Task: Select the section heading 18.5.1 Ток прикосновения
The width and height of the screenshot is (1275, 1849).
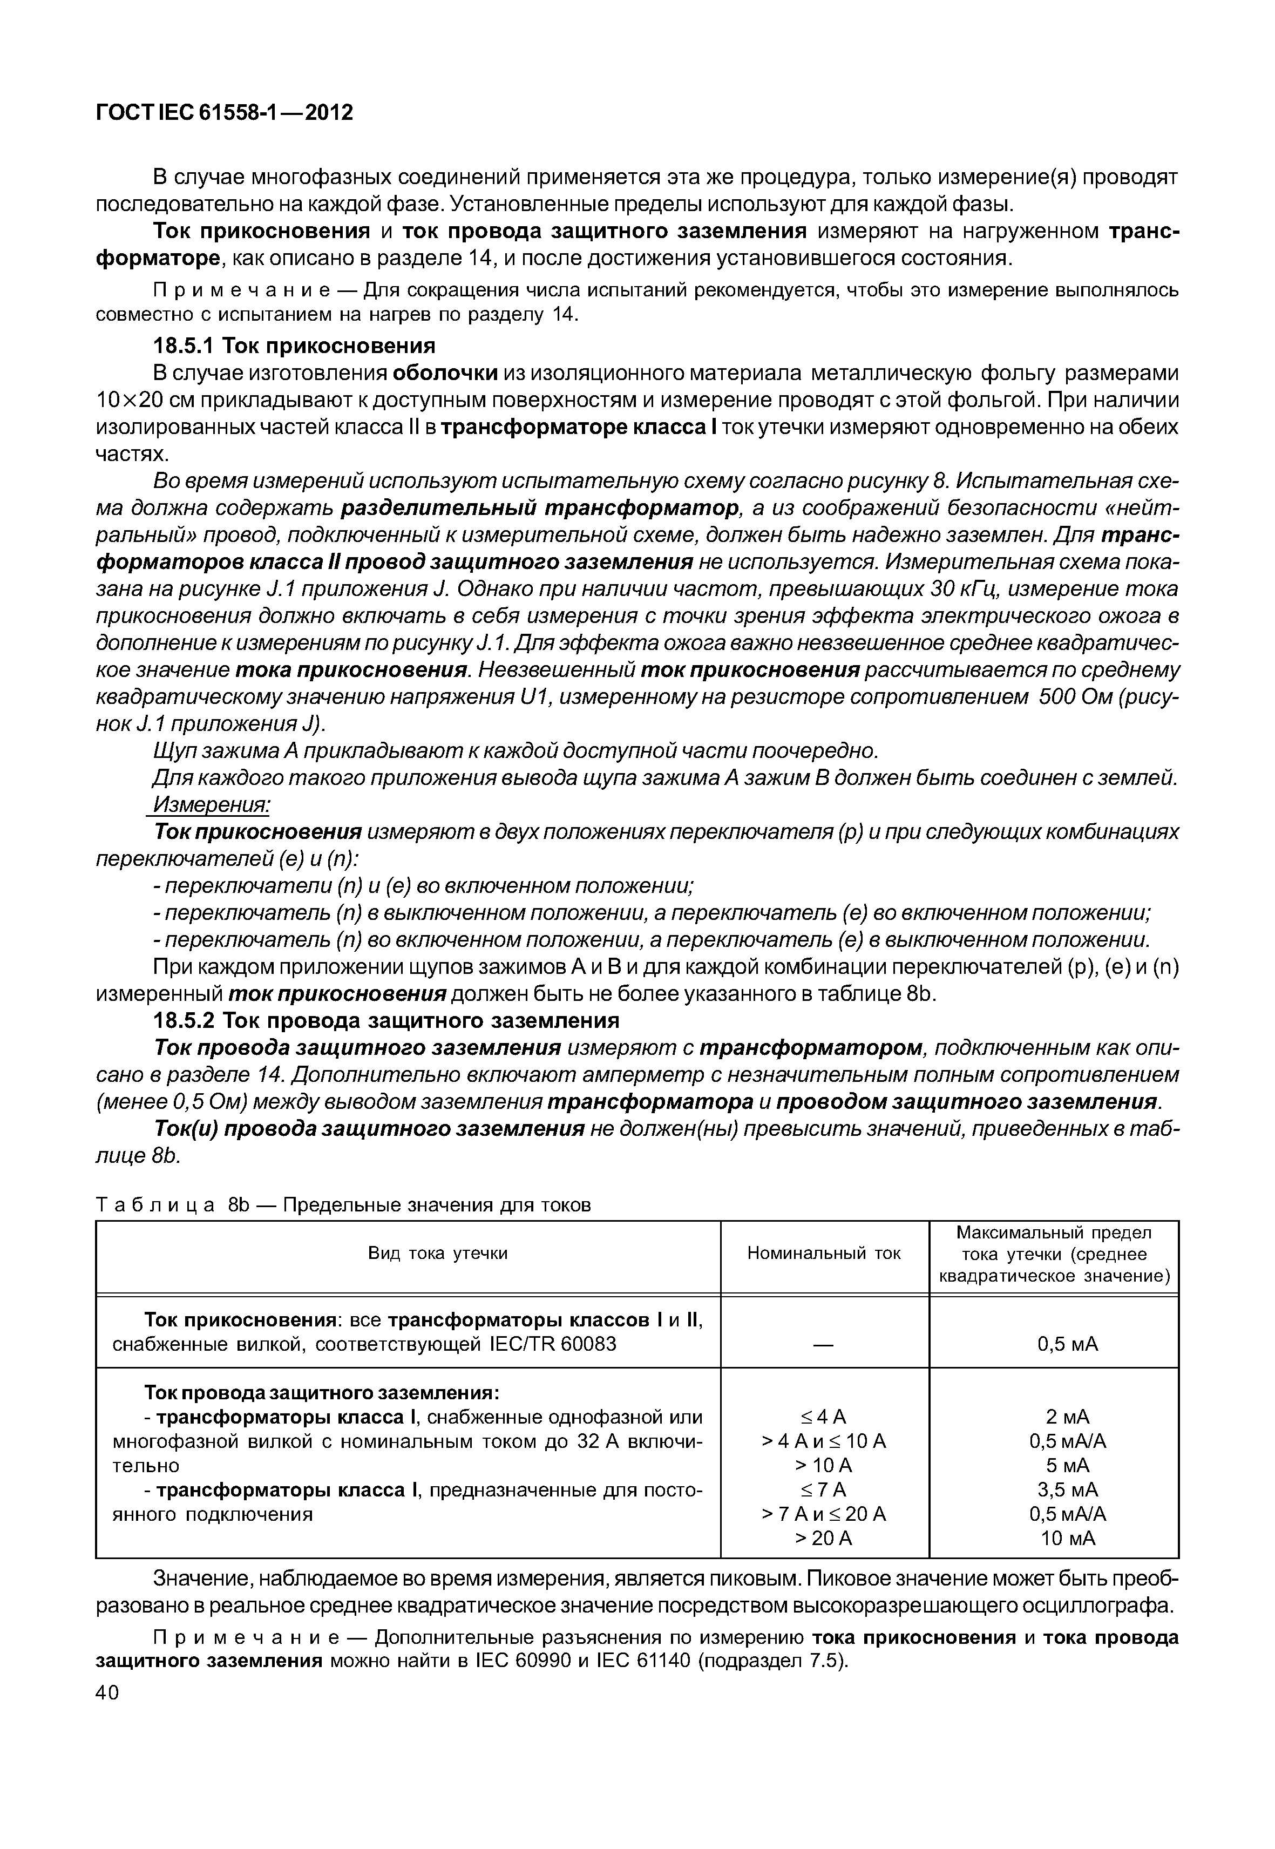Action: point(294,346)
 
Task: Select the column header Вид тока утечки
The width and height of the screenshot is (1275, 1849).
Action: point(438,1253)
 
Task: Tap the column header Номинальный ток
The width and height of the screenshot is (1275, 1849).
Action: point(824,1253)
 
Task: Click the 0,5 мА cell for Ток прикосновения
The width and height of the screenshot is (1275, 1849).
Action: point(1067,1344)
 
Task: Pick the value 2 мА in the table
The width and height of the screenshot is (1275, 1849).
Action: point(1067,1417)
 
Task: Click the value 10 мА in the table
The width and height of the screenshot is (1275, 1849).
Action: point(1067,1538)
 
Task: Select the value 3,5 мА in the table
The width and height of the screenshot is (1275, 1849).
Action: point(1067,1489)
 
